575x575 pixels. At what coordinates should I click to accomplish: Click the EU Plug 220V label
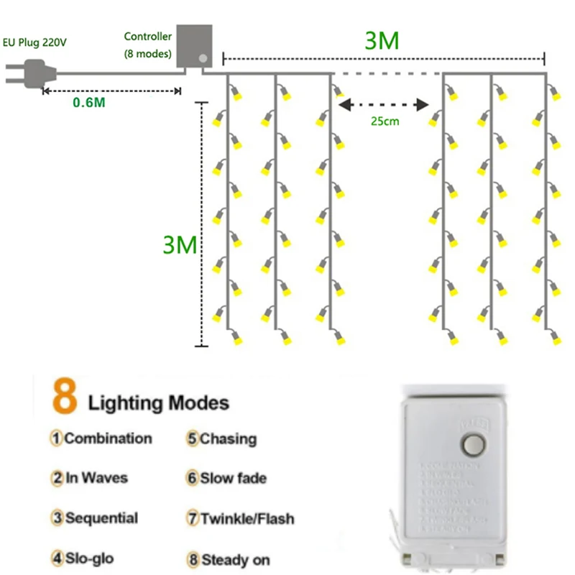[36, 42]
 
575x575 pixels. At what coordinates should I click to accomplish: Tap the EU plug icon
[29, 73]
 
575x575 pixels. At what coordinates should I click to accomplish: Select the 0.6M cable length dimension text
[89, 102]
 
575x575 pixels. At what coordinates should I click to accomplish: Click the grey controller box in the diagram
[195, 46]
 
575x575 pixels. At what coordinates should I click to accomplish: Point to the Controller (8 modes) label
[147, 45]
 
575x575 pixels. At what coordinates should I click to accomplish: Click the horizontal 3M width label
[382, 41]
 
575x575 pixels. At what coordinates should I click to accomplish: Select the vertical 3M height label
[179, 245]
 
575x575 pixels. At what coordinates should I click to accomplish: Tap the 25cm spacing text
[385, 121]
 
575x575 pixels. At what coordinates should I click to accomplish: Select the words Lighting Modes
[158, 402]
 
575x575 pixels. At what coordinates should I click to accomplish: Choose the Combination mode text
[108, 438]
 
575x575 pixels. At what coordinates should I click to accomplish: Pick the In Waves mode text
[98, 478]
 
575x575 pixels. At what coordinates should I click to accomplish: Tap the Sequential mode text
[101, 517]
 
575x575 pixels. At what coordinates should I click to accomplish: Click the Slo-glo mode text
[89, 558]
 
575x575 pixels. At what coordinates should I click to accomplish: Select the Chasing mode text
[228, 438]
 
